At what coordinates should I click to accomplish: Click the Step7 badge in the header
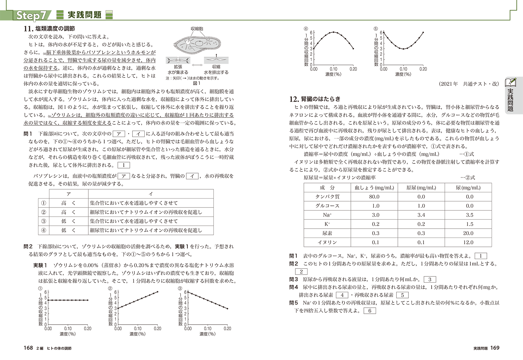31,16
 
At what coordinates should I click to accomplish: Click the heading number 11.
28,29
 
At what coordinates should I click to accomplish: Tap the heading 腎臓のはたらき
320,99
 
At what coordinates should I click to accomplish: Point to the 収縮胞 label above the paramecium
197,29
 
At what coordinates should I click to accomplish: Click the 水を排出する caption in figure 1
216,72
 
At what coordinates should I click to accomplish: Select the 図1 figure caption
197,83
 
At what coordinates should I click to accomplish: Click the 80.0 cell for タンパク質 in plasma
374,197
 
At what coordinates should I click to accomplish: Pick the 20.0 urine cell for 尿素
468,233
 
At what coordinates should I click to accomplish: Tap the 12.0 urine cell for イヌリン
468,243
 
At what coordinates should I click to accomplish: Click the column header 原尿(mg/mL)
421,188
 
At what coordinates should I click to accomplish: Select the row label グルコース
327,206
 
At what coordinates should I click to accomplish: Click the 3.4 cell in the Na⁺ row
421,215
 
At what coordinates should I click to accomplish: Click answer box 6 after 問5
369,311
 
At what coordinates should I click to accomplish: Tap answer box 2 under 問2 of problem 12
301,272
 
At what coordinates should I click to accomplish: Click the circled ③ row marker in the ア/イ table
43,221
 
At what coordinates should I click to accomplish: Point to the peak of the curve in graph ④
334,32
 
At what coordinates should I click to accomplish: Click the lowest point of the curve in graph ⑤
403,49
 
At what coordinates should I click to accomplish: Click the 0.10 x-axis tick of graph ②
138,329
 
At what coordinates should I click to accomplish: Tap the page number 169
495,348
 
